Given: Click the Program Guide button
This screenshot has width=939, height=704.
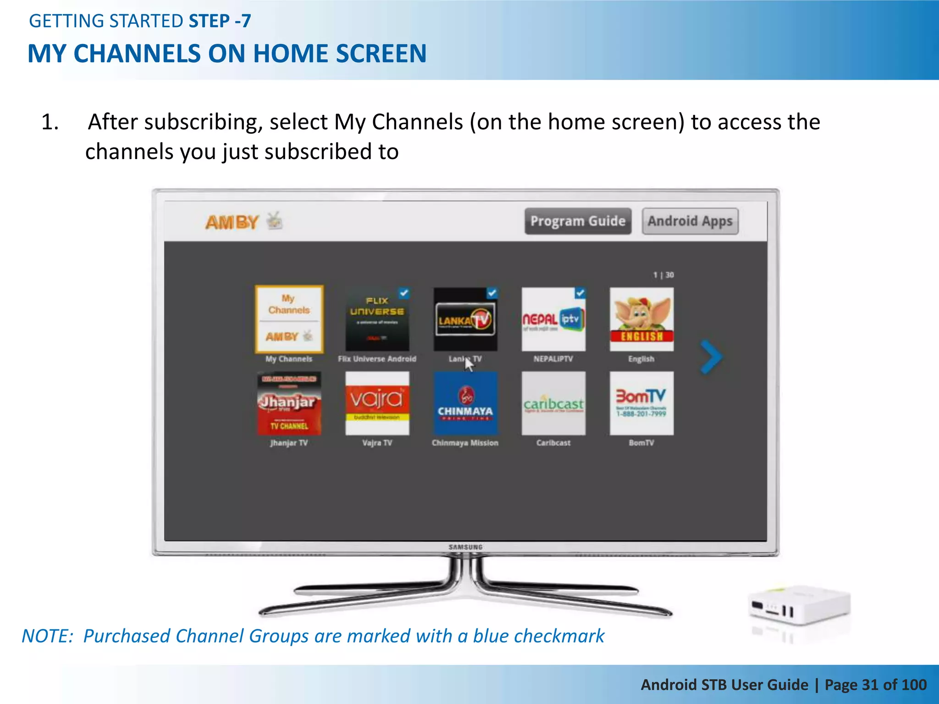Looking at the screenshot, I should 578,221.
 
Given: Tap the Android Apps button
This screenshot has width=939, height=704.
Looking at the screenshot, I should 690,221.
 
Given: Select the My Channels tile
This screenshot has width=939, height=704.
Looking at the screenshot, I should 289,319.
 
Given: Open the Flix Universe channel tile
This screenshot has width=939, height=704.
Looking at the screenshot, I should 377,319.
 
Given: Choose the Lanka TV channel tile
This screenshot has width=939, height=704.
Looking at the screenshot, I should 465,319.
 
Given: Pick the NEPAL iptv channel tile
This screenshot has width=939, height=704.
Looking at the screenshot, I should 553,319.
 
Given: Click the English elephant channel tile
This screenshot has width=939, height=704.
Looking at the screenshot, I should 641,319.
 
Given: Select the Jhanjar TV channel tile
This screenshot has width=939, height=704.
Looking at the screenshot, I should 289,403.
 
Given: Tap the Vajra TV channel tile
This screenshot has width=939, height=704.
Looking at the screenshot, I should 377,403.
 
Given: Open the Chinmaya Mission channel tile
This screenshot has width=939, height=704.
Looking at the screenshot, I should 465,403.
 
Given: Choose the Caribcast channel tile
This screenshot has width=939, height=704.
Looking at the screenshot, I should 553,403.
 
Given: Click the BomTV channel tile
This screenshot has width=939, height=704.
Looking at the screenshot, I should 641,403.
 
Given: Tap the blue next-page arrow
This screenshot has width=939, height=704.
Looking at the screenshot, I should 711,357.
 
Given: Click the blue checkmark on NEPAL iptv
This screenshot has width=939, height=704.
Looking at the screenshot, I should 580,293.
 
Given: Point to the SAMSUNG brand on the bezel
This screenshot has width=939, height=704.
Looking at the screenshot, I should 465,547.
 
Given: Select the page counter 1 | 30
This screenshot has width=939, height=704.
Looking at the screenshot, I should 663,275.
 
